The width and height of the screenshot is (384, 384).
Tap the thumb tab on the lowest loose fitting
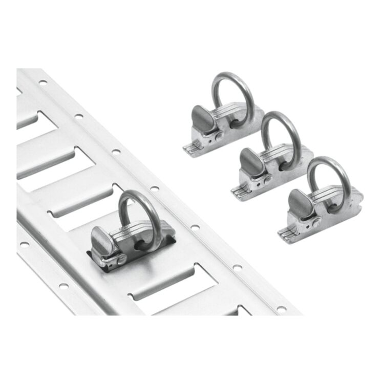tap(295, 200)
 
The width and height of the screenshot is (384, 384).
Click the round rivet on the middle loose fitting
tap(267, 179)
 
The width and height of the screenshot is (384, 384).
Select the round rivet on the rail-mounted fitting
tap(120, 260)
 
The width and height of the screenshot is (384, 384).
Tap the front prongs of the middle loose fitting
tap(238, 190)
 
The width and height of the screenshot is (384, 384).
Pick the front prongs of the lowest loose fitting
tap(285, 233)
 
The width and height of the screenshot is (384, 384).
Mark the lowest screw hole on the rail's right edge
tap(281, 309)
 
